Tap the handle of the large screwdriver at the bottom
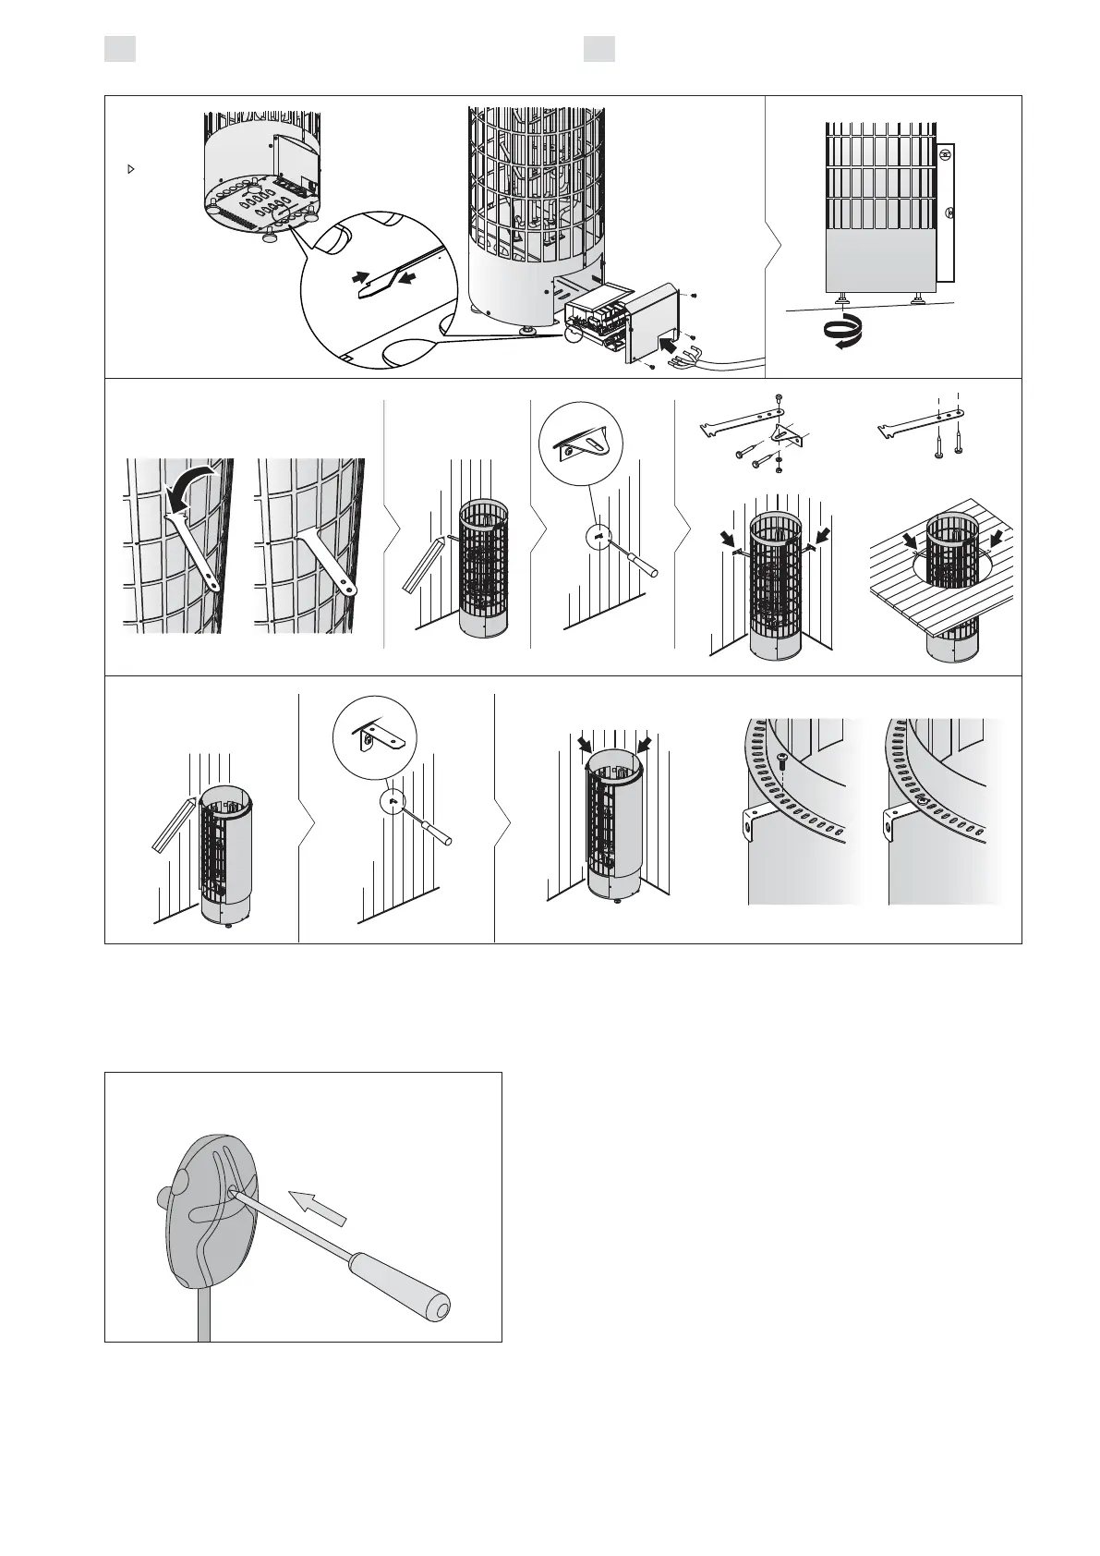tap(401, 1282)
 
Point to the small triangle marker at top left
tap(130, 170)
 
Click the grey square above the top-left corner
tap(120, 49)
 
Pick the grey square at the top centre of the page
tap(599, 49)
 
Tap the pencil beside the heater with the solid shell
tap(173, 823)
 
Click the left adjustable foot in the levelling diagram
tap(844, 298)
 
